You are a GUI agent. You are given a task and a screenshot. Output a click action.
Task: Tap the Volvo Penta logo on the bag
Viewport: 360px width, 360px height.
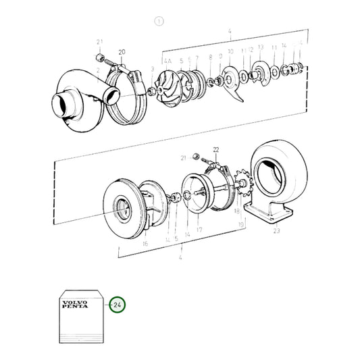pos(74,303)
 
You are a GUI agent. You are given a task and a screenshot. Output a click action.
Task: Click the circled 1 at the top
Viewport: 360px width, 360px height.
pos(159,21)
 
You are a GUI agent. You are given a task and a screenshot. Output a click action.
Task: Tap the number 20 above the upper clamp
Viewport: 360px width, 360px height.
pos(122,52)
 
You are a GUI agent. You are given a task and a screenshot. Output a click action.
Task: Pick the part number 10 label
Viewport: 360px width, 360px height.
pos(230,51)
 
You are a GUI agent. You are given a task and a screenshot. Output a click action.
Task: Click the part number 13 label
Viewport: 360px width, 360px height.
pos(261,49)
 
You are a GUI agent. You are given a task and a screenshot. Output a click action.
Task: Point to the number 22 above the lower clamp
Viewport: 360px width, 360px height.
pos(216,149)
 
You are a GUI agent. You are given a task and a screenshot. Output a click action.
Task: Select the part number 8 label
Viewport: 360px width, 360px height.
pos(211,57)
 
